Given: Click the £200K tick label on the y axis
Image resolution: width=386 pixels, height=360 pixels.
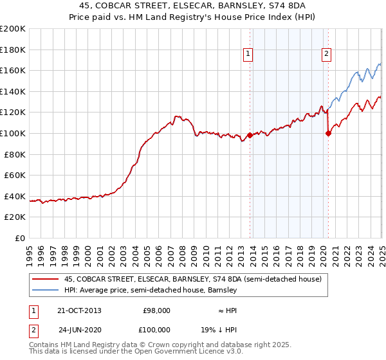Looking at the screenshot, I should [13, 29].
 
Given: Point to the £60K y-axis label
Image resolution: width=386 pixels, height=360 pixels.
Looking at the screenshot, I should [15, 175].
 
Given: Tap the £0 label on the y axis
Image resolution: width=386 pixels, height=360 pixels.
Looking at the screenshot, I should [21, 238].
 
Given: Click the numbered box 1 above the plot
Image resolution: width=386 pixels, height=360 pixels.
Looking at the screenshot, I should [248, 55].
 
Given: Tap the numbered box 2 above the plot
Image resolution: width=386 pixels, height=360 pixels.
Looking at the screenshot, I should [327, 55].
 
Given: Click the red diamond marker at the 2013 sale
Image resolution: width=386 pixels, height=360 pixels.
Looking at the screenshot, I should [250, 135].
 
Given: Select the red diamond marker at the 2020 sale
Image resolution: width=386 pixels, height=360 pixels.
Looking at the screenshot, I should [328, 134].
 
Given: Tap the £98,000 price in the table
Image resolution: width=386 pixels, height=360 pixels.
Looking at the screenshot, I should [156, 310].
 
